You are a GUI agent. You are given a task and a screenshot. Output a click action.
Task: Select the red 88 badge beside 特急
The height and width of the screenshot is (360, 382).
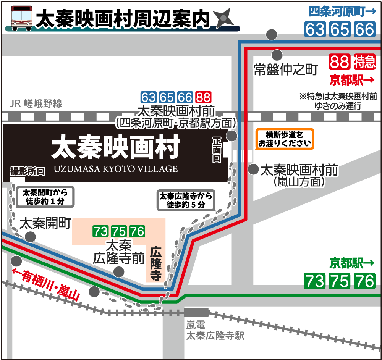pyautogui.click(x=340, y=61)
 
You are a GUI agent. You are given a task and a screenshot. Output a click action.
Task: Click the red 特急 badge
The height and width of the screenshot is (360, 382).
pyautogui.click(x=364, y=61)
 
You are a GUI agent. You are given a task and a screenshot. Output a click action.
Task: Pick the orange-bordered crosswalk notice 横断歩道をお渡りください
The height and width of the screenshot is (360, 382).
pyautogui.click(x=285, y=139)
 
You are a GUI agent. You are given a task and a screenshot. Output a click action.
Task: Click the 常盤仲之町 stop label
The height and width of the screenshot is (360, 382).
pyautogui.click(x=286, y=70)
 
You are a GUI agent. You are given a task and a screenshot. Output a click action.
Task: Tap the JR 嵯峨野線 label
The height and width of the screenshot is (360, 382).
pyautogui.click(x=37, y=103)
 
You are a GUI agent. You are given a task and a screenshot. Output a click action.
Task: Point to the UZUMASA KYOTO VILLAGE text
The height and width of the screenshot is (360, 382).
pyautogui.click(x=116, y=168)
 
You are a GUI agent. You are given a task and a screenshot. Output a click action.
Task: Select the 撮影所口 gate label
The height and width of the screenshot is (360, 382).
pyautogui.click(x=28, y=171)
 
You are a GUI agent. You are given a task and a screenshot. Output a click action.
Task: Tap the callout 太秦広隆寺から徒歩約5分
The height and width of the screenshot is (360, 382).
pyautogui.click(x=185, y=200)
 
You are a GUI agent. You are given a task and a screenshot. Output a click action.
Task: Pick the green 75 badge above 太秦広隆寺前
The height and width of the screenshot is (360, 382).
pyautogui.click(x=119, y=231)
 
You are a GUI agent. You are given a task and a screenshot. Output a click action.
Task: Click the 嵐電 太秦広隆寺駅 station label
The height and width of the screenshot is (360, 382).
pyautogui.click(x=215, y=331)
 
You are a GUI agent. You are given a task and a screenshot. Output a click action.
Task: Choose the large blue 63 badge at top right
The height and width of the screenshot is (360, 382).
pyautogui.click(x=315, y=29)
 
